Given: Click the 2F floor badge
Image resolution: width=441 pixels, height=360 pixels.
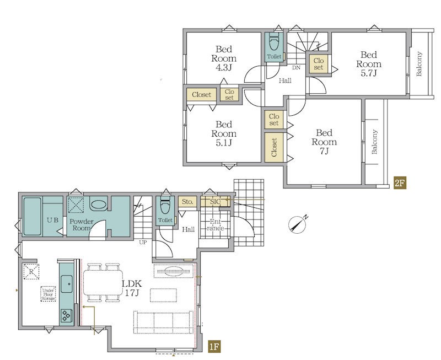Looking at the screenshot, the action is [400, 183].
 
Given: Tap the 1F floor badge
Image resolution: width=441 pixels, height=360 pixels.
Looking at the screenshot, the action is [214, 347].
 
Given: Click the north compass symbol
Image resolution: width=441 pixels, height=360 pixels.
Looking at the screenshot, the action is [298, 224].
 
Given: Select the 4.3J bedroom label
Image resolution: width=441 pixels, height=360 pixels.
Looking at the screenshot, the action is [224, 58].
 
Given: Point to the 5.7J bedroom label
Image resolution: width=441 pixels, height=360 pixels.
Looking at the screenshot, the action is [369, 64].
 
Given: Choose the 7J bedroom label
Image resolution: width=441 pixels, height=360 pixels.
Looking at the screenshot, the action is [324, 142].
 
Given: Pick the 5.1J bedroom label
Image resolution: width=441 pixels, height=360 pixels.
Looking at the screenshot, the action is [224, 133].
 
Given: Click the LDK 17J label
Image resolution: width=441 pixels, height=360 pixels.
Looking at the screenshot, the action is [132, 288].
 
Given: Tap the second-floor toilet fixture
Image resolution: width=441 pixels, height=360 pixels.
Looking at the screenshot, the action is [273, 42].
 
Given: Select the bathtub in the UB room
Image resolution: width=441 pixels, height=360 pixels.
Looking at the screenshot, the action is [32, 216].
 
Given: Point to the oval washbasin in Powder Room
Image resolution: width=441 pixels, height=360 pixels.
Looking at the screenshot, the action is [99, 205].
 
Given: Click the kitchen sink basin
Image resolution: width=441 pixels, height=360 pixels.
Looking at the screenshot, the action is [67, 284].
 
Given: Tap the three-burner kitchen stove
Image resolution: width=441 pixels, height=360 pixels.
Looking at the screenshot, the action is [67, 315].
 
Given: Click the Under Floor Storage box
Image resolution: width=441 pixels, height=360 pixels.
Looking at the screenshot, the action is [48, 294].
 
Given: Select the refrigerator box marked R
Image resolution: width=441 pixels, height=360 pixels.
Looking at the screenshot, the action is [31, 272].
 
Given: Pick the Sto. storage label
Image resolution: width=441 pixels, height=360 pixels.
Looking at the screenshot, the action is [187, 202].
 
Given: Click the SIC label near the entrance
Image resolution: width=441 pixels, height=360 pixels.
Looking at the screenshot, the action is [216, 201].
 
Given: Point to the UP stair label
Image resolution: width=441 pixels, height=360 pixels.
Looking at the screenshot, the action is [143, 242].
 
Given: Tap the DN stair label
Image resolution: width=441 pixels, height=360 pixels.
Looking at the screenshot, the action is [296, 67].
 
